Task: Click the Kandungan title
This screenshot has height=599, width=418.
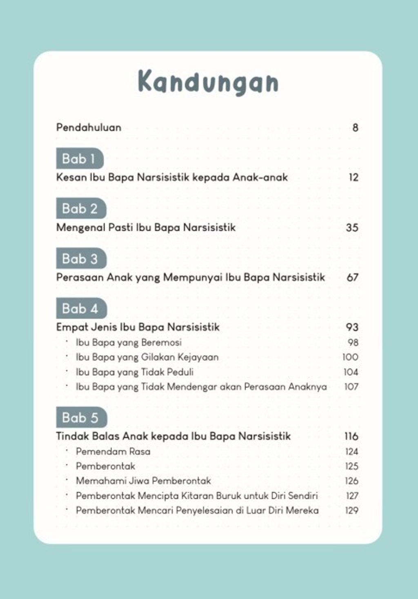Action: point(208,82)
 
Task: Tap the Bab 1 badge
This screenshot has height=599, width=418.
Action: point(79,158)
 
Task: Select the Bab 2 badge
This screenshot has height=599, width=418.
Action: point(80,209)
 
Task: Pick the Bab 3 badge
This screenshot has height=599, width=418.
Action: point(81,258)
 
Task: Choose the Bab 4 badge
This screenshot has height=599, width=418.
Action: point(81,308)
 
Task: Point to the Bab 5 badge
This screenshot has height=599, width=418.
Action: point(81,417)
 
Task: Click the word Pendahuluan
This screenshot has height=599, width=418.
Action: point(89,127)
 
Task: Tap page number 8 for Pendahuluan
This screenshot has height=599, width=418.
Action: point(355,128)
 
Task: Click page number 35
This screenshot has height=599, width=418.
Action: point(352,228)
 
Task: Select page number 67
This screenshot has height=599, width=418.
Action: point(352,277)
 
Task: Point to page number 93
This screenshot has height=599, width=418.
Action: point(352,327)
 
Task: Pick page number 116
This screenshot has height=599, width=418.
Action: point(351,436)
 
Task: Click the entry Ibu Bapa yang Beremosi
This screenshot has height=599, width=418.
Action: point(129,342)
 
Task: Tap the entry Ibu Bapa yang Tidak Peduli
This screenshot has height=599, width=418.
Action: point(134,372)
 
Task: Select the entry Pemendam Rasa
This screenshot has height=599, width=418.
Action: point(113,451)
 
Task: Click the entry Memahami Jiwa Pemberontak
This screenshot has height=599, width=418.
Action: point(143,481)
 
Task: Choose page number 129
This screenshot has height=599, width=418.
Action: point(351,510)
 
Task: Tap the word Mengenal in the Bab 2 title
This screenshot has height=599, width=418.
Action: point(80,228)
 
